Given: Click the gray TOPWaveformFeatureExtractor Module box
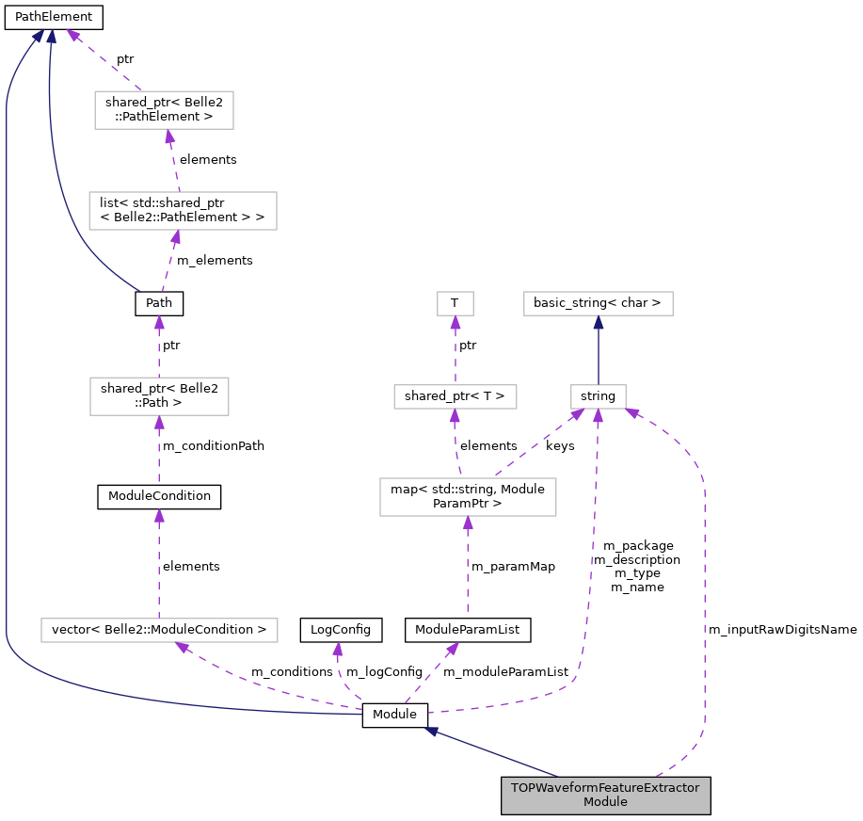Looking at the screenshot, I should click(605, 796).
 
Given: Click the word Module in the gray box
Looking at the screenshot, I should click(605, 802).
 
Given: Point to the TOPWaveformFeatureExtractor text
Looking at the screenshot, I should click(605, 788).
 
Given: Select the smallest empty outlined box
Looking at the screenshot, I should click(455, 303).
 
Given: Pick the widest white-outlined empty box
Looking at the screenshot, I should click(159, 630).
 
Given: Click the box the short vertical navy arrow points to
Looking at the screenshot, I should click(599, 303).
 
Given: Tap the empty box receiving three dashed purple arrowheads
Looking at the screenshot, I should click(599, 396).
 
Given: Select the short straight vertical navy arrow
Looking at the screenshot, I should click(599, 353).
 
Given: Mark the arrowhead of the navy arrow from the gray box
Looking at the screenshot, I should click(431, 731).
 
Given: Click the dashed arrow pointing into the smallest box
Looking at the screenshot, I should click(455, 353).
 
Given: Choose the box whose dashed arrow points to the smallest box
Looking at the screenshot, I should click(455, 396).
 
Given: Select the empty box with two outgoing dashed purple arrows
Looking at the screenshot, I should click(468, 497).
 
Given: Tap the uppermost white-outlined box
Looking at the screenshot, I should click(164, 110).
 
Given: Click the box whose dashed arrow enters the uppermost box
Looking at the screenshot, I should click(183, 211).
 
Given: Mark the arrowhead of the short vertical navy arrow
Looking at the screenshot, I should click(599, 322).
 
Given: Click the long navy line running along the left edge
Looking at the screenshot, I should click(7, 377).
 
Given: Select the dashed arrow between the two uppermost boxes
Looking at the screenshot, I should click(173, 160).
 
